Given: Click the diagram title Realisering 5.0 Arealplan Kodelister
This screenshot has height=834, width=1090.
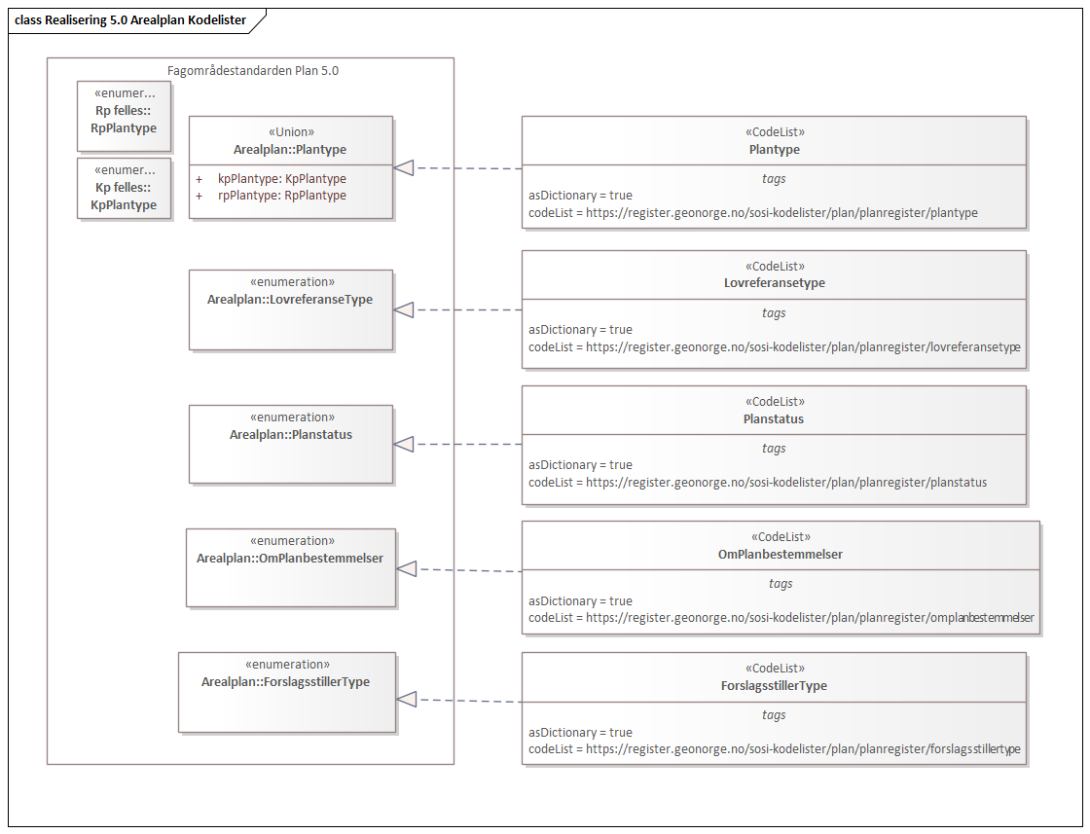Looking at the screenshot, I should pyautogui.click(x=130, y=19).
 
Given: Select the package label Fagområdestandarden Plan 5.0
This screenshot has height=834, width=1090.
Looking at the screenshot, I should pyautogui.click(x=253, y=71).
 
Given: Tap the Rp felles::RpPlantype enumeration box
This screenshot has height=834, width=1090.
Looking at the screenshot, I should pyautogui.click(x=125, y=117).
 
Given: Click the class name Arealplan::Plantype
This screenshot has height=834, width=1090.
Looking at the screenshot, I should pyautogui.click(x=290, y=150).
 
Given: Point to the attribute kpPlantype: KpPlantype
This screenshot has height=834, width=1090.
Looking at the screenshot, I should pyautogui.click(x=281, y=179).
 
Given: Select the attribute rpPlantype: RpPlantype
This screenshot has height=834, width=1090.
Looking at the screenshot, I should pyautogui.click(x=281, y=196).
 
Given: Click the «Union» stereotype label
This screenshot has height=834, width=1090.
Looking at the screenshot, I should pyautogui.click(x=290, y=132).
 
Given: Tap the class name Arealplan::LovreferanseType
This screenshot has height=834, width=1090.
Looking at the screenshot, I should pyautogui.click(x=290, y=300).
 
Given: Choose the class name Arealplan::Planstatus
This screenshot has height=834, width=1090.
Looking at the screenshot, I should pyautogui.click(x=290, y=435).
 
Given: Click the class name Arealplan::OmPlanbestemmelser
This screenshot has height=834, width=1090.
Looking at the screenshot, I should pyautogui.click(x=290, y=559).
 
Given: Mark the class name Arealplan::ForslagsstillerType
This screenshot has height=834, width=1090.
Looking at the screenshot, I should pyautogui.click(x=285, y=682).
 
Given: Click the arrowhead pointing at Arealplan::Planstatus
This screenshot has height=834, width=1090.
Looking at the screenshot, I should pyautogui.click(x=404, y=444).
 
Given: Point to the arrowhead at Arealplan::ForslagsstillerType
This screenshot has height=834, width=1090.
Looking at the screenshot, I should pyautogui.click(x=407, y=700).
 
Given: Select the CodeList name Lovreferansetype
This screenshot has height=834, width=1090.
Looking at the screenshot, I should pyautogui.click(x=774, y=283).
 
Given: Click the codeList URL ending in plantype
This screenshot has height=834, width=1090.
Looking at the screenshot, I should pyautogui.click(x=752, y=212).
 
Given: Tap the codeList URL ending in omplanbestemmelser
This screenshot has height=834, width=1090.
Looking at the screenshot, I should pyautogui.click(x=781, y=618).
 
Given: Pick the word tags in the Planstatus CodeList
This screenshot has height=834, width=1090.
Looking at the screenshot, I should pyautogui.click(x=774, y=449).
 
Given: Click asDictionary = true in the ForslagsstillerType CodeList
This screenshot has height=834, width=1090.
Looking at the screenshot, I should pyautogui.click(x=580, y=733).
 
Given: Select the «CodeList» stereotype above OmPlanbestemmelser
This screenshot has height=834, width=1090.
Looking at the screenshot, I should pyautogui.click(x=781, y=536).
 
